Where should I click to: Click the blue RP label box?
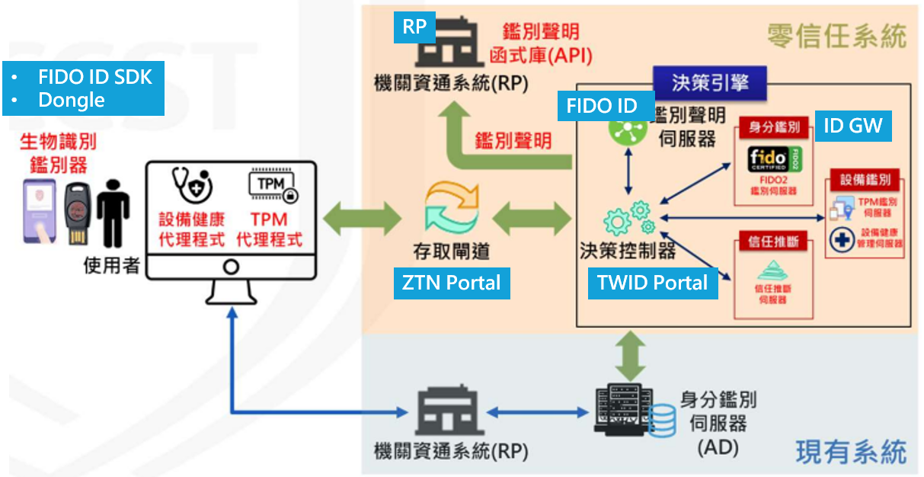[x=414, y=27]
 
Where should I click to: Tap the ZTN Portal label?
[x=452, y=283]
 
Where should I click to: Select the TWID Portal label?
[x=653, y=283]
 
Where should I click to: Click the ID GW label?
[x=852, y=126]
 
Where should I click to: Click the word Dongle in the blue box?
[x=72, y=100]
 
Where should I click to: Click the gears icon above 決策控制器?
[x=628, y=218]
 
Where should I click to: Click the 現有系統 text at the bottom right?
[x=851, y=452]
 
